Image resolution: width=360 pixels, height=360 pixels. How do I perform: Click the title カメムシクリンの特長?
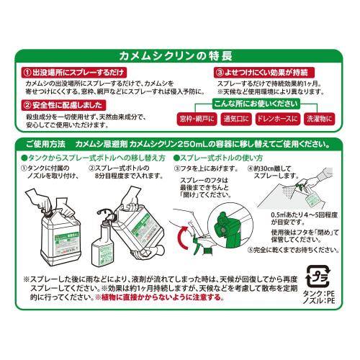point(180,56)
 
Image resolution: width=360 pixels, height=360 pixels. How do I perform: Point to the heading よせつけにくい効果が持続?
point(264,73)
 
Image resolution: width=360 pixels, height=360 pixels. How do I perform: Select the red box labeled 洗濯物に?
point(328,117)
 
